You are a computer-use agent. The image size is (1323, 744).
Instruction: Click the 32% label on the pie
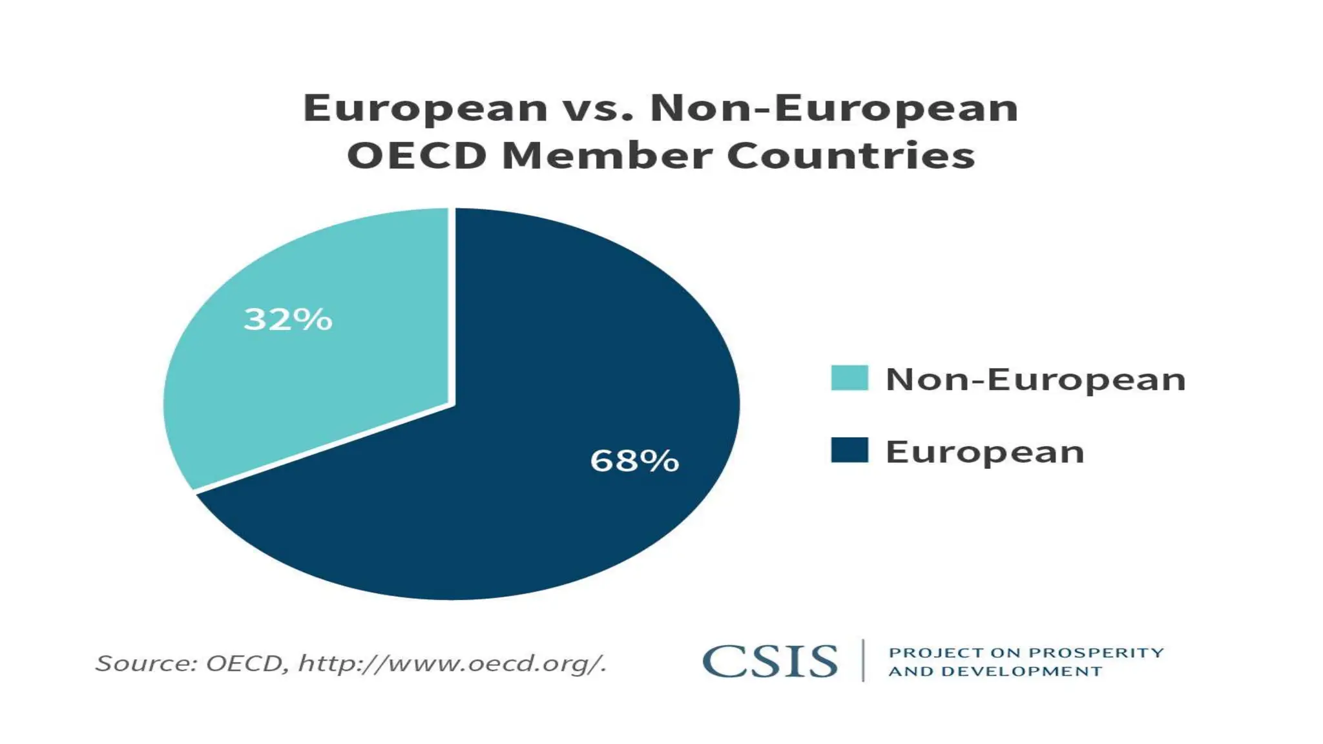click(287, 319)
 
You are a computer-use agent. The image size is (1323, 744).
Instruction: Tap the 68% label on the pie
click(634, 460)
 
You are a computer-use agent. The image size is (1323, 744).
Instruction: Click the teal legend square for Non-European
click(849, 378)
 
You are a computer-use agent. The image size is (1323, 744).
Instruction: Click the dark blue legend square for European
click(849, 450)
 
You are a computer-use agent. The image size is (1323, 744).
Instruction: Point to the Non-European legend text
click(1036, 379)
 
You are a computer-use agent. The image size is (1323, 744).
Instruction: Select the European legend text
click(984, 451)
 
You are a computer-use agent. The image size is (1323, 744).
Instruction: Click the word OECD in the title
click(417, 156)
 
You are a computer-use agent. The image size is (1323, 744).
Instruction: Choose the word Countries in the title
click(851, 156)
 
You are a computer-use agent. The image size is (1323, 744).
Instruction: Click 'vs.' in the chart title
click(598, 108)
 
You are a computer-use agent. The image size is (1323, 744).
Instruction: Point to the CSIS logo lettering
click(769, 661)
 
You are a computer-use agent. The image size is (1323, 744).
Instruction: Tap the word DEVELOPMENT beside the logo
click(1021, 672)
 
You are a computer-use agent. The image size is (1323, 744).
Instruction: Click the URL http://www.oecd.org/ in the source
click(452, 663)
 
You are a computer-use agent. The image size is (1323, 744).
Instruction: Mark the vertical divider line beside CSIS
click(863, 661)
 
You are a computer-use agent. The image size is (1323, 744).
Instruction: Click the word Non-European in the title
click(834, 108)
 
